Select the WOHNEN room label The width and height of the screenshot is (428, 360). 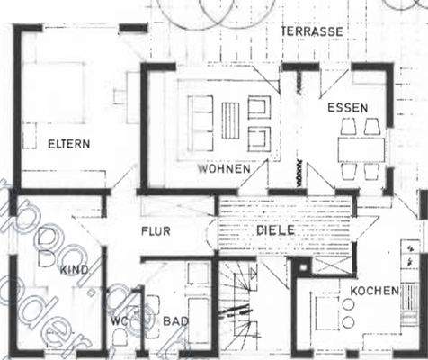[224, 168]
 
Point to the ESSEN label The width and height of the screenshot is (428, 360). [347, 108]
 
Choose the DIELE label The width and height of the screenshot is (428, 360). [275, 231]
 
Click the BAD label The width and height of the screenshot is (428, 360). [174, 322]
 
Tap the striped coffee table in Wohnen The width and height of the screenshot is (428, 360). [232, 121]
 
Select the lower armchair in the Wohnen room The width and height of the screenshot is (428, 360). [258, 137]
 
